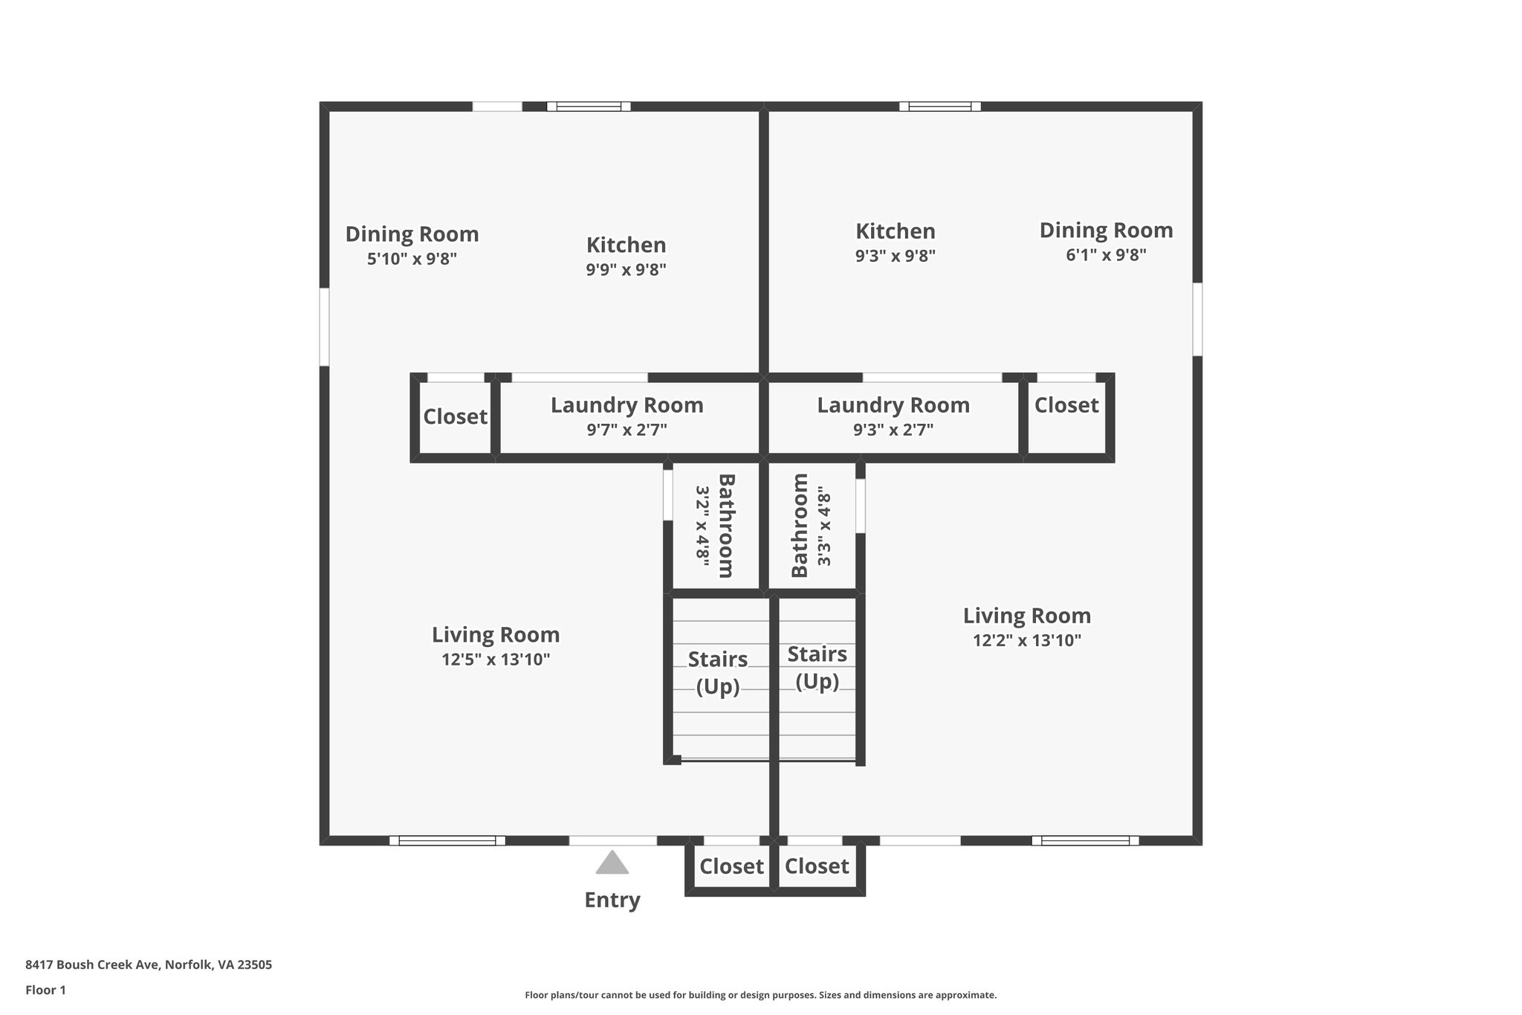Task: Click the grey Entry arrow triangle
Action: tap(612, 863)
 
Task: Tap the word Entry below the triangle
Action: tap(612, 900)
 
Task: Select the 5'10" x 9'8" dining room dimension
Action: tap(412, 260)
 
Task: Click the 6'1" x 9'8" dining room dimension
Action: tap(1106, 255)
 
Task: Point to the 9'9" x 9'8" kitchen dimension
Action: tap(626, 270)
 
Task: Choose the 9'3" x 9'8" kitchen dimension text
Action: tap(895, 256)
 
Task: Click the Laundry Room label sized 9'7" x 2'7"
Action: tap(626, 405)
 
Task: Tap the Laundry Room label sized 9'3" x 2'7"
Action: tap(893, 405)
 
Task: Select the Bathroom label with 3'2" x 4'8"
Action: tap(725, 526)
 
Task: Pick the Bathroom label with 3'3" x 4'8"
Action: tap(800, 526)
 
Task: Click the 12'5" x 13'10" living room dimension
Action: tap(496, 660)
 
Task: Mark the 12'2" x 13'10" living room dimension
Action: tap(1026, 640)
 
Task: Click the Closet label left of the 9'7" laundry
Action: tap(455, 416)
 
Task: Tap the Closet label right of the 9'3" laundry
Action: tap(1066, 405)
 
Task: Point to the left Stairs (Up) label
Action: tap(717, 672)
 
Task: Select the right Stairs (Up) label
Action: tap(817, 667)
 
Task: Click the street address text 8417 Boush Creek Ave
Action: tap(149, 964)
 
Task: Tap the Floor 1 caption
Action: tap(45, 990)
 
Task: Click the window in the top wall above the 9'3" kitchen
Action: tap(939, 106)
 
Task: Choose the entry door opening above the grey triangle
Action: tap(612, 840)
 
